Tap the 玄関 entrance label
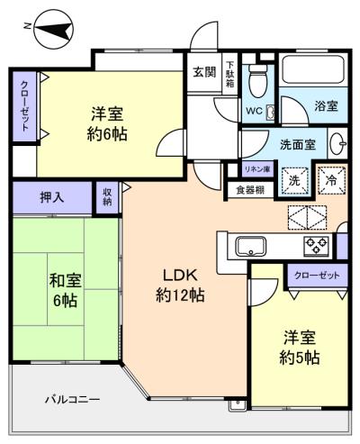(203, 73)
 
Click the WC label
(255, 112)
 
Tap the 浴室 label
(326, 106)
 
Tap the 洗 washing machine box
(292, 178)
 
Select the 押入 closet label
(51, 196)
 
